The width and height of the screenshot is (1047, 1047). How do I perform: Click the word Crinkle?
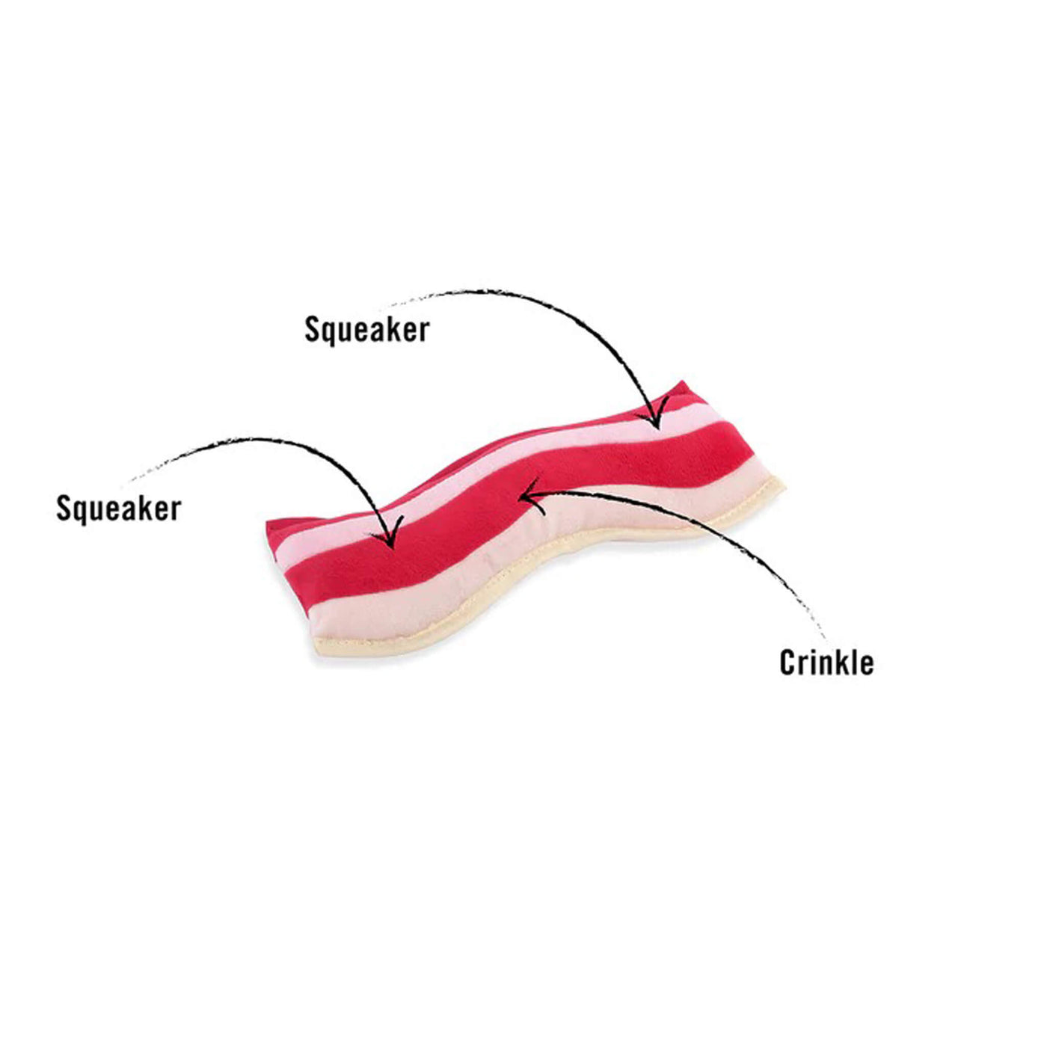[826, 663]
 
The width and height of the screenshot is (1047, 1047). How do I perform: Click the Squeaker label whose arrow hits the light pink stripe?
[367, 330]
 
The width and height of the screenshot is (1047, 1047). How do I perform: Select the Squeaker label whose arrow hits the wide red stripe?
[118, 509]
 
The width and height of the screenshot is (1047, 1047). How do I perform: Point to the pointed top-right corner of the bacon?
[683, 381]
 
